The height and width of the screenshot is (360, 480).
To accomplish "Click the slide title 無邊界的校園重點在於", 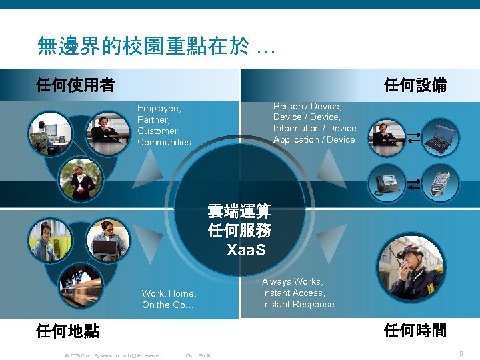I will click(143, 46).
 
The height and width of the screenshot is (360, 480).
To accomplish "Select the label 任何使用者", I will click(75, 85).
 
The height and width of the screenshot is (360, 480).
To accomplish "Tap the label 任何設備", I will click(415, 85).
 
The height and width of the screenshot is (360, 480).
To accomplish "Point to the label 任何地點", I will click(68, 330).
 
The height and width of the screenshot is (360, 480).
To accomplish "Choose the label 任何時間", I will click(415, 330).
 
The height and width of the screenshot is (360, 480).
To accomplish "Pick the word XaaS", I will click(245, 251).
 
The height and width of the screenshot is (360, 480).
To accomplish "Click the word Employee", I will click(159, 108).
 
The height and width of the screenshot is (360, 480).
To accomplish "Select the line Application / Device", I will click(314, 139).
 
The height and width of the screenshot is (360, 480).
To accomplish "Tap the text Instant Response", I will click(298, 304).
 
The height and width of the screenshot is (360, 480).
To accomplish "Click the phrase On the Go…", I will click(167, 305).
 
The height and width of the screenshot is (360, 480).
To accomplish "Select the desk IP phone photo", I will click(387, 181).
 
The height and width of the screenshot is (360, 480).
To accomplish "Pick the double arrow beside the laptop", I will click(413, 137).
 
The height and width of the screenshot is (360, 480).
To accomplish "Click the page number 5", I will click(461, 353).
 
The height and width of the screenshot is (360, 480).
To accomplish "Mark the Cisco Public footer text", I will click(199, 355).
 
